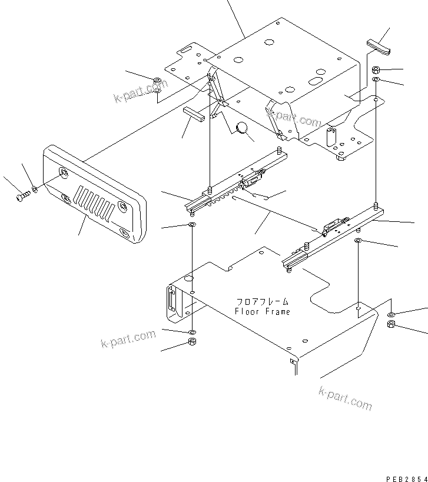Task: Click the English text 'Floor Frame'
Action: (x=262, y=311)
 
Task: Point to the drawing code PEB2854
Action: (x=407, y=480)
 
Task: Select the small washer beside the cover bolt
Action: (x=35, y=189)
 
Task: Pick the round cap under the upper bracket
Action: (x=242, y=128)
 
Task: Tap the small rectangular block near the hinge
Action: (x=193, y=113)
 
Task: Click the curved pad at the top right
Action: (x=378, y=47)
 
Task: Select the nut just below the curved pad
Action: (x=376, y=70)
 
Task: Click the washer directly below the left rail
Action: (x=193, y=225)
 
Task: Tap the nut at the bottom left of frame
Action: (x=191, y=342)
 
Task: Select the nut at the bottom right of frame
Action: (x=391, y=324)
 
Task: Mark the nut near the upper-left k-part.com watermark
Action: (x=157, y=81)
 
